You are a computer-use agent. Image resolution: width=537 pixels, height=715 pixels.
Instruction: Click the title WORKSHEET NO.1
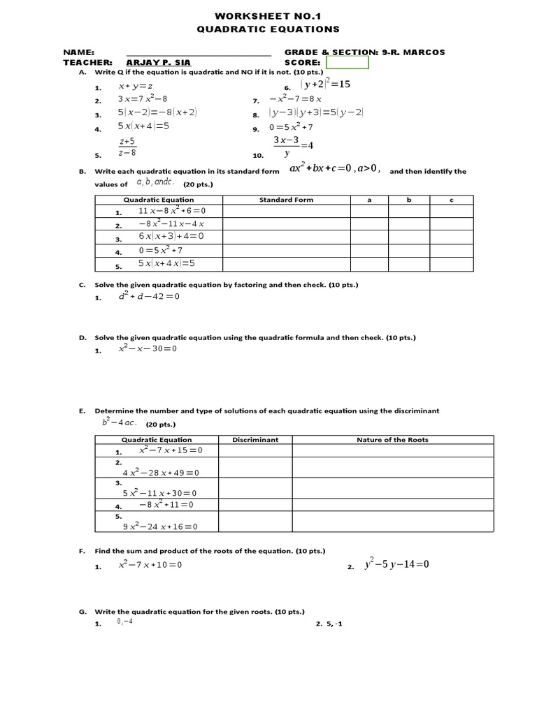click(x=268, y=15)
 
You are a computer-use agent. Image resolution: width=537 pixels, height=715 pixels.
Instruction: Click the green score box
click(x=348, y=63)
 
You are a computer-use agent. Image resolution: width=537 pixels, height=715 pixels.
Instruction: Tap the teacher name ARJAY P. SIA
click(x=158, y=62)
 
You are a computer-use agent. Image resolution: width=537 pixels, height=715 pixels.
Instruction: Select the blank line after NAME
click(x=199, y=53)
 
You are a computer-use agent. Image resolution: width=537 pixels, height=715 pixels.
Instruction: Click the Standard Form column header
click(x=286, y=200)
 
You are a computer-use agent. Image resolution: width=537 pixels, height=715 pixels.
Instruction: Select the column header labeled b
click(x=409, y=200)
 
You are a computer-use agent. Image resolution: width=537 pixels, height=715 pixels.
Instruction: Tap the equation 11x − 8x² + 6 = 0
click(x=171, y=211)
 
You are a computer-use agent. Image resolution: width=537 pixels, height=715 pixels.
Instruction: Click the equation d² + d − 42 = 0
click(x=149, y=296)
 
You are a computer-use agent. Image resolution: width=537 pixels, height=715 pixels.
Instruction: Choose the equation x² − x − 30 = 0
click(x=148, y=348)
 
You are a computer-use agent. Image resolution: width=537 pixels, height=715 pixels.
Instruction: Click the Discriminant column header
click(x=255, y=440)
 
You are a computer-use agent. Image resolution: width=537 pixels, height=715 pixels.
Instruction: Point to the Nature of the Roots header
click(x=392, y=440)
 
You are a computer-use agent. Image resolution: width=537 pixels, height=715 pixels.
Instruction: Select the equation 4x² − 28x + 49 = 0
click(x=161, y=473)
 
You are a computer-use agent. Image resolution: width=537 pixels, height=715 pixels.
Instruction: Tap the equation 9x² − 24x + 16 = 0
click(x=160, y=526)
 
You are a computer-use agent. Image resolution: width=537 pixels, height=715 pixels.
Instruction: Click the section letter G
click(x=82, y=612)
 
